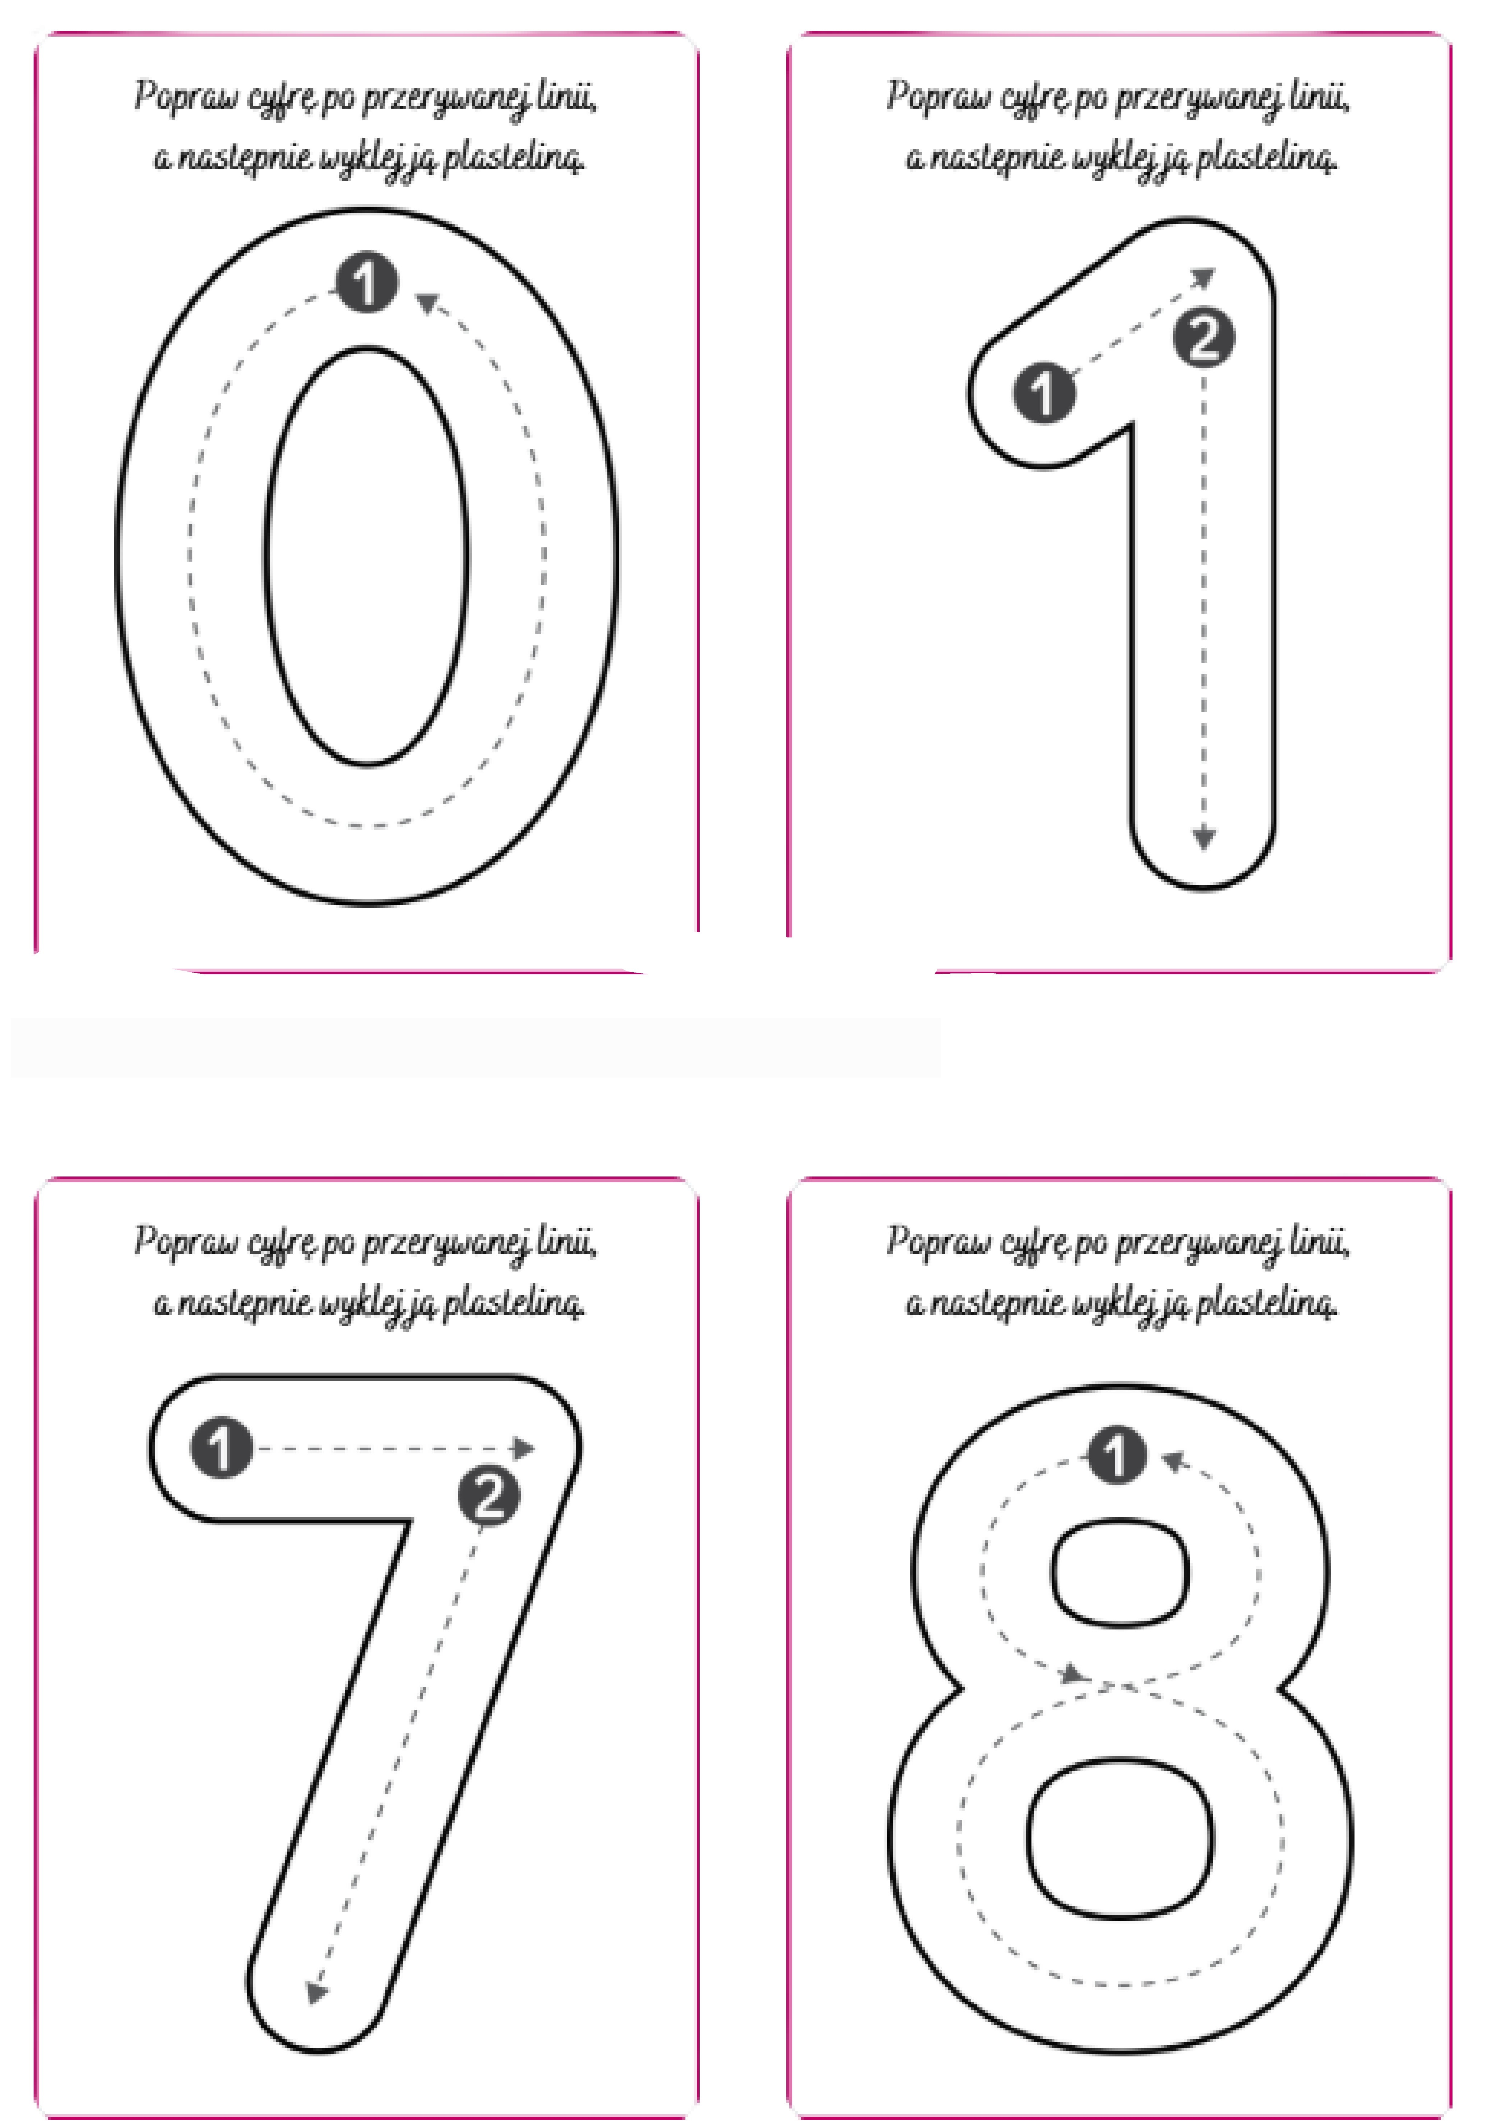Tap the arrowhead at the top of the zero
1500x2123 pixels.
pyautogui.click(x=427, y=301)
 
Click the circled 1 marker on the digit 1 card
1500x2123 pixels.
pyautogui.click(x=1044, y=393)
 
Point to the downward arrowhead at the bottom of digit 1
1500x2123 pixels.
pyautogui.click(x=1203, y=838)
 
